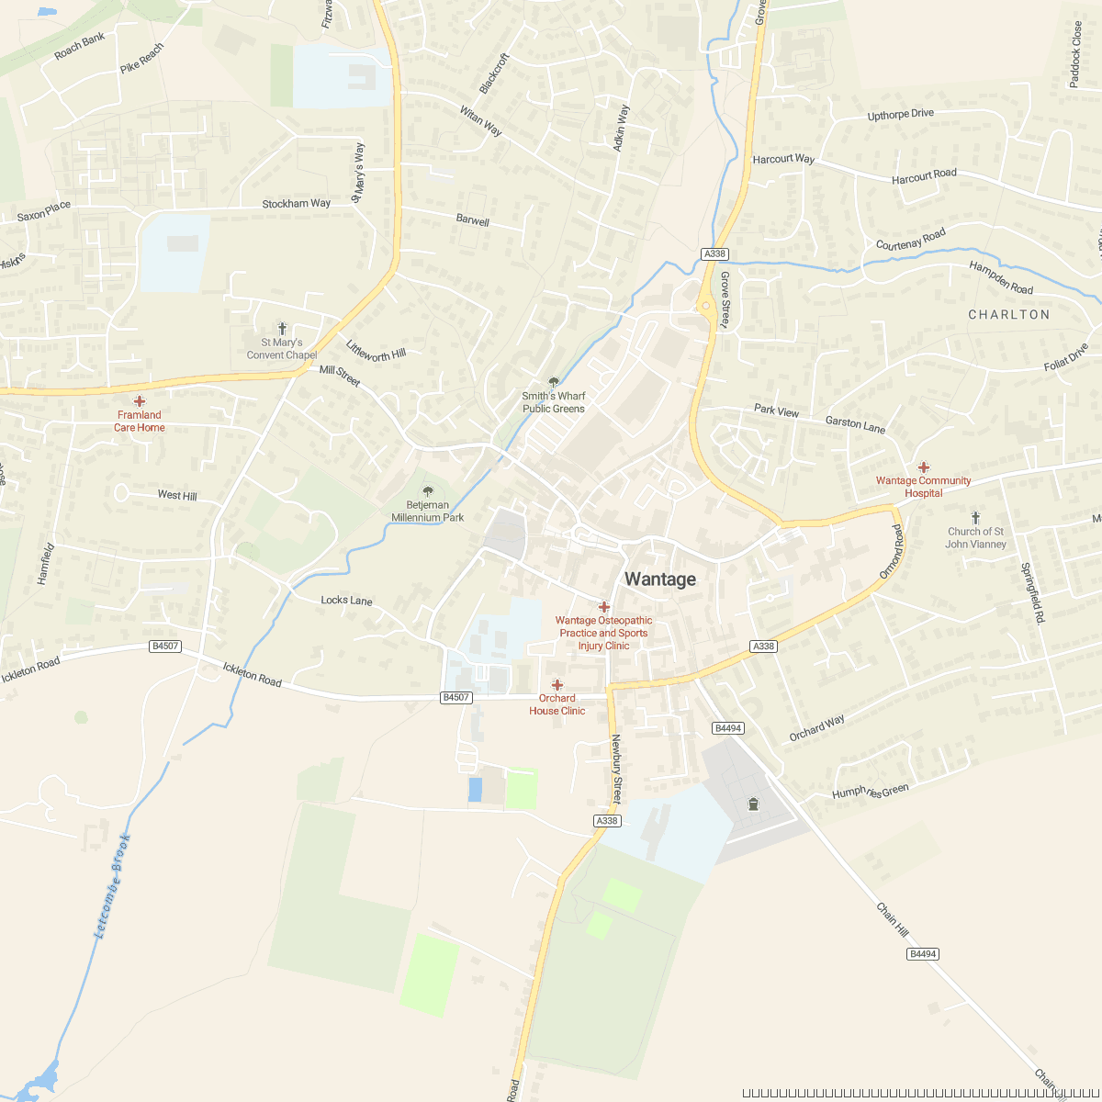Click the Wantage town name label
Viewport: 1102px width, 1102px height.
(660, 579)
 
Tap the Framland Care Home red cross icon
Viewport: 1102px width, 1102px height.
(140, 401)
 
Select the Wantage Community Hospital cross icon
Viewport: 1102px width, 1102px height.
(924, 467)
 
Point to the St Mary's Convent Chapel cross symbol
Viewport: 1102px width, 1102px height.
(282, 328)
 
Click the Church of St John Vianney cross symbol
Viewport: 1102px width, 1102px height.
(975, 518)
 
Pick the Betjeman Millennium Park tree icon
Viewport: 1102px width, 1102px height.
(428, 491)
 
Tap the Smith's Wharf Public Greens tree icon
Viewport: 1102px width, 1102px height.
(553, 382)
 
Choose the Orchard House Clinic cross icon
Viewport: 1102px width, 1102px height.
(557, 685)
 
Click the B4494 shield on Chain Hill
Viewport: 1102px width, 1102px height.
(922, 954)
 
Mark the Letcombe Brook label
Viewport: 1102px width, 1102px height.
(113, 885)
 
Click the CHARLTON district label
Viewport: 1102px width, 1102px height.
(1008, 314)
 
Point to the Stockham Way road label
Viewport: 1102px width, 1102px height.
(296, 203)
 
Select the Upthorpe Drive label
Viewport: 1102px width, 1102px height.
(900, 115)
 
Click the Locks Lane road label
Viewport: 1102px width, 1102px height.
(346, 601)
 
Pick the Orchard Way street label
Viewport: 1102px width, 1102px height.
(816, 728)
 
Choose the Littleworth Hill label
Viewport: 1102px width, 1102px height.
(376, 350)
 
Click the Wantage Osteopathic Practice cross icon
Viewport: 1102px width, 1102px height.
(604, 607)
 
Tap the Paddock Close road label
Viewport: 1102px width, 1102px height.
(1076, 55)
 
